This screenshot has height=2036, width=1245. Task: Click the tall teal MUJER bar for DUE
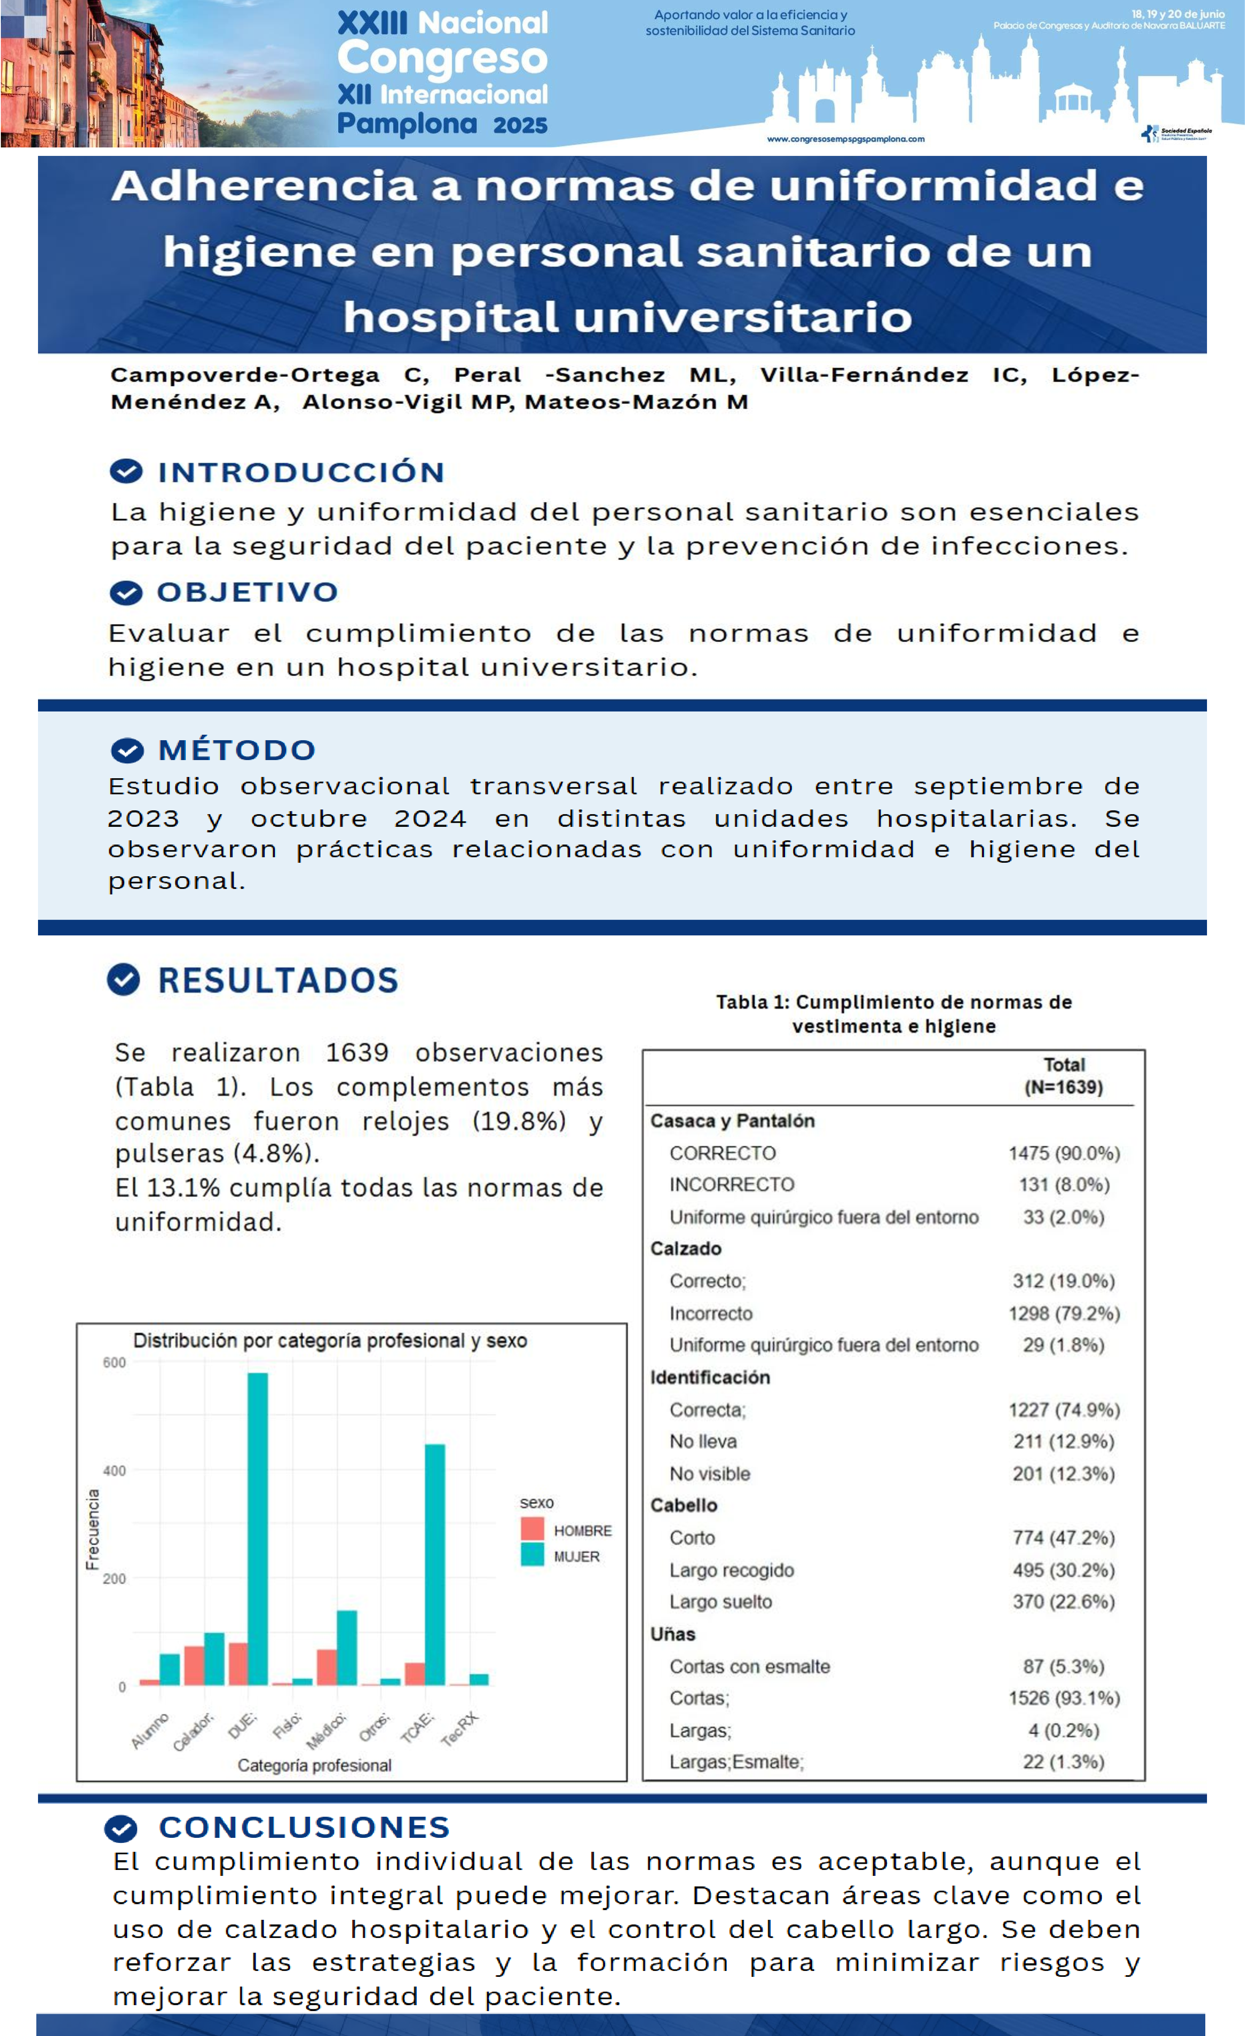tap(258, 1529)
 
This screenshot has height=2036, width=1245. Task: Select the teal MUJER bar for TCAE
tap(435, 1564)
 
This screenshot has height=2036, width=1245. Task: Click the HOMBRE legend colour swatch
tap(532, 1529)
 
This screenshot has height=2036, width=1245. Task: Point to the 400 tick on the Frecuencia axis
tap(114, 1471)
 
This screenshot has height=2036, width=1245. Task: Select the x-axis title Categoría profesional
tap(314, 1766)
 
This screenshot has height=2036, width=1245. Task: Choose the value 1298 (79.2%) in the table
tap(1063, 1313)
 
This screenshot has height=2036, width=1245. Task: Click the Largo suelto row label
tap(720, 1601)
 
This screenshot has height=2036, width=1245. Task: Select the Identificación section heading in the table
tap(709, 1377)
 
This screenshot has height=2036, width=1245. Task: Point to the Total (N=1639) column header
tap(1063, 1076)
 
